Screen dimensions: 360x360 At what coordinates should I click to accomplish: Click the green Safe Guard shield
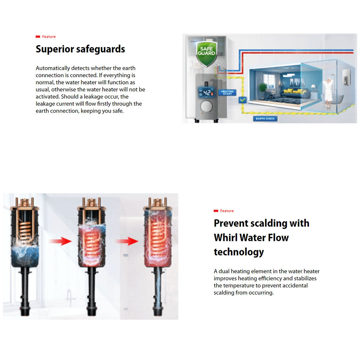pyautogui.click(x=206, y=54)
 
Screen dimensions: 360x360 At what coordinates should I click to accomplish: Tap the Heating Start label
pyautogui.click(x=227, y=93)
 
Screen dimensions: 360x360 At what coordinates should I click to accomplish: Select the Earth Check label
pyautogui.click(x=265, y=119)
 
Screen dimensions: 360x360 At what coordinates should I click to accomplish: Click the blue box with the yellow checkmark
pyautogui.click(x=242, y=100)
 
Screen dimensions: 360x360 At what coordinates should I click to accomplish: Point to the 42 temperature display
pyautogui.click(x=206, y=92)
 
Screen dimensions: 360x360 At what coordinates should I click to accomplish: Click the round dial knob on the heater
pyautogui.click(x=206, y=106)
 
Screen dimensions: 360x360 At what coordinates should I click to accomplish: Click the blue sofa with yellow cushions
pyautogui.click(x=295, y=93)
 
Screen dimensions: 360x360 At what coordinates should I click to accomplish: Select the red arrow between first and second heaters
pyautogui.click(x=60, y=241)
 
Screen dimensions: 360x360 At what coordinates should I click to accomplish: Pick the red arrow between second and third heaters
pyautogui.click(x=127, y=241)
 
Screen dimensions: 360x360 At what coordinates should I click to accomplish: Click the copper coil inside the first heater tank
pyautogui.click(x=25, y=231)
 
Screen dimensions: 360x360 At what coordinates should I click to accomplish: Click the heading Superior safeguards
pyautogui.click(x=80, y=49)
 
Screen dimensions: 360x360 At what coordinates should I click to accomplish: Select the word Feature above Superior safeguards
pyautogui.click(x=49, y=37)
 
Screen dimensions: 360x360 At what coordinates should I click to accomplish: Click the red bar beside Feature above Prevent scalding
pyautogui.click(x=216, y=211)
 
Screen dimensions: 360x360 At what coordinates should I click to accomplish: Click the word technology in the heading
pyautogui.click(x=239, y=252)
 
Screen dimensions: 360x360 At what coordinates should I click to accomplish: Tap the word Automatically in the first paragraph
pyautogui.click(x=53, y=68)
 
